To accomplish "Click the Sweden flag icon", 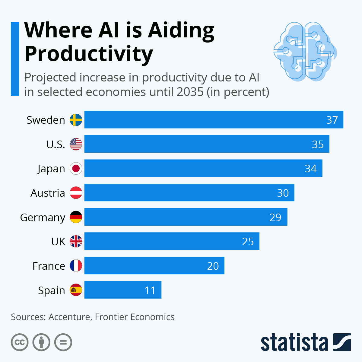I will pos(76,120).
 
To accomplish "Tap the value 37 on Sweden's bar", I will pos(332,120).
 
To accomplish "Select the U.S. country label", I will pos(56,144).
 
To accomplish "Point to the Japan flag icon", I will pos(76,168).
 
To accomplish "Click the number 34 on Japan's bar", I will pos(310,169).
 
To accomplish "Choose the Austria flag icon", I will pos(76,193).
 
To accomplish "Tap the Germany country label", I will pos(43,217).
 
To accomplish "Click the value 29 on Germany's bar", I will pos(275,218).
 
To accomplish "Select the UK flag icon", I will pos(76,241).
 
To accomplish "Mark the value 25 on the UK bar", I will pos(248,242).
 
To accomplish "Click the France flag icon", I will pos(76,266).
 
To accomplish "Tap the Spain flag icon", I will pos(76,290).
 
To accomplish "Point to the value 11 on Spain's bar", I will pos(150,291).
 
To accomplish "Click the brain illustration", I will pos(305,51).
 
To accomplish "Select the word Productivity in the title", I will pos(89,54).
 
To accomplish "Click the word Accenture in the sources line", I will pos(69,317).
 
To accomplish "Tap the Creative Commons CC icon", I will pos(20,342).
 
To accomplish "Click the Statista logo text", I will pos(294,343).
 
